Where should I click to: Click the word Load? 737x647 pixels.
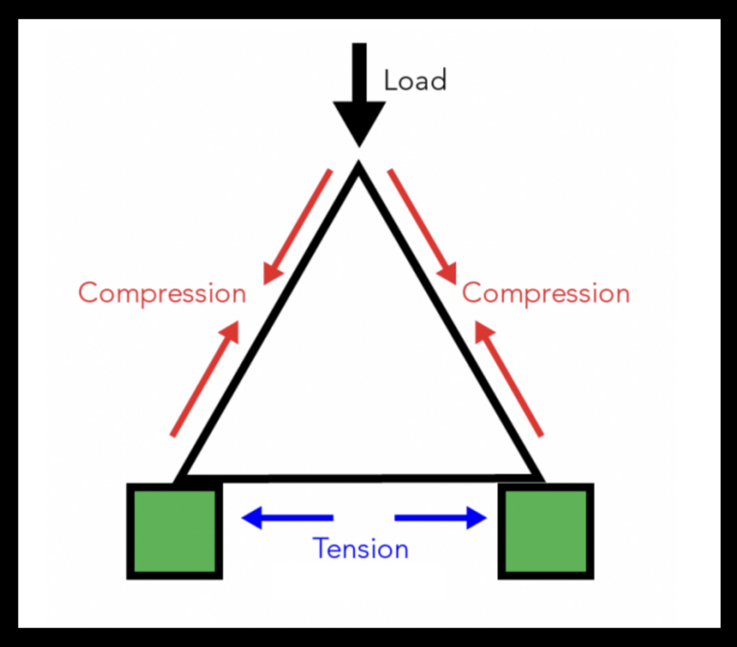click(415, 80)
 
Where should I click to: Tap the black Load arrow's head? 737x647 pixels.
click(359, 122)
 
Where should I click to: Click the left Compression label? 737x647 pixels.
click(162, 293)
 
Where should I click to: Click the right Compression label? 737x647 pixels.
click(546, 293)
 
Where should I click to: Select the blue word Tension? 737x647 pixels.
click(360, 549)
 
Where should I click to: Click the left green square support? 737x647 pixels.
click(175, 531)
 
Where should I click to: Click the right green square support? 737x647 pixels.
click(546, 531)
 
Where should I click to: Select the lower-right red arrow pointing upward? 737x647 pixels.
click(509, 379)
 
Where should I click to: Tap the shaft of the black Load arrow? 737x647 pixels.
click(359, 72)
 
